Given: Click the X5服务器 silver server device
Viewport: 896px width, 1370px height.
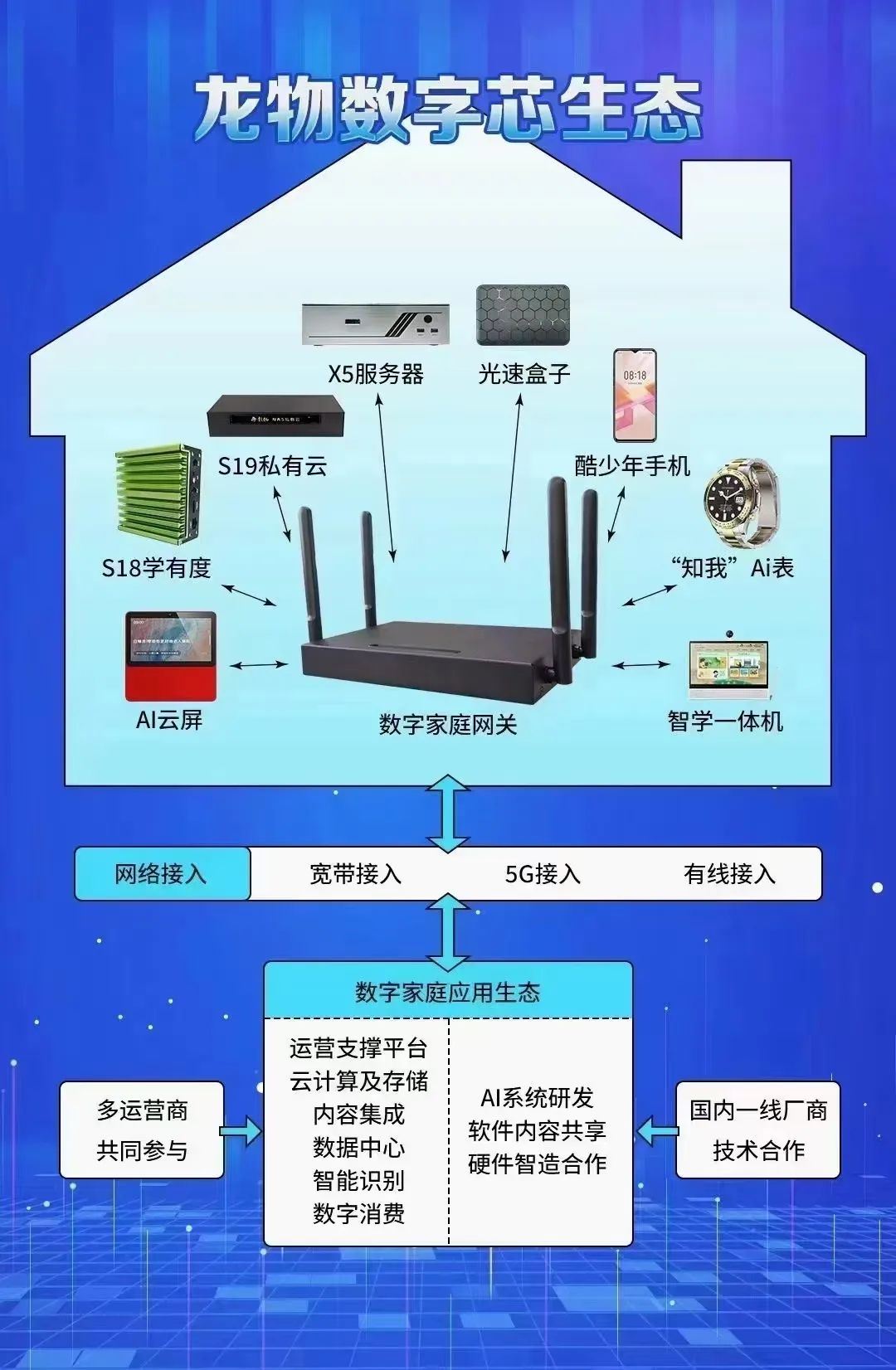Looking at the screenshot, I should tap(375, 324).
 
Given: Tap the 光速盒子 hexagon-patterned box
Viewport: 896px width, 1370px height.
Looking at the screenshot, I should tap(523, 315).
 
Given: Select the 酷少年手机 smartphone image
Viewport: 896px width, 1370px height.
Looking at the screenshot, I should tap(635, 395).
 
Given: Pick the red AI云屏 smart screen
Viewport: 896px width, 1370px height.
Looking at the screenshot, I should tap(171, 656).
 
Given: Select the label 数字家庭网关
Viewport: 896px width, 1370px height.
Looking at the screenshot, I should tap(448, 725).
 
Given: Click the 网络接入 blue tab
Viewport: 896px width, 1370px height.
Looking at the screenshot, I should tap(162, 874).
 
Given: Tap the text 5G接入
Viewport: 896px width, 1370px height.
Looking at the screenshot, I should tap(543, 874).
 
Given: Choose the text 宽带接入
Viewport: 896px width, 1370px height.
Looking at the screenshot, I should tap(355, 874).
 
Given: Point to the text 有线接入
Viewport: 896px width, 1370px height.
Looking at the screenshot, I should tap(729, 874).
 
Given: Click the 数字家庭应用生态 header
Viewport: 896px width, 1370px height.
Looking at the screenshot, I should tap(448, 992).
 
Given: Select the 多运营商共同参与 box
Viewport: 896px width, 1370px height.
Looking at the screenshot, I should tap(142, 1130).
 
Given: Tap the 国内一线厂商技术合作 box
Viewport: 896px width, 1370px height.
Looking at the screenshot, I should tap(758, 1130).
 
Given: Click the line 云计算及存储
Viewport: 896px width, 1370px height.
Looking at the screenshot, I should tap(358, 1081).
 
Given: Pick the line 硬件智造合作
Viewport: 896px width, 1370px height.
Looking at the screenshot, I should tap(537, 1164).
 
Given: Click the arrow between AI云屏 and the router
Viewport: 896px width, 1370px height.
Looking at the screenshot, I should tap(259, 665).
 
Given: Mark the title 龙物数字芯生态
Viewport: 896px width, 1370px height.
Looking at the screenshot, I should tap(448, 108).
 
